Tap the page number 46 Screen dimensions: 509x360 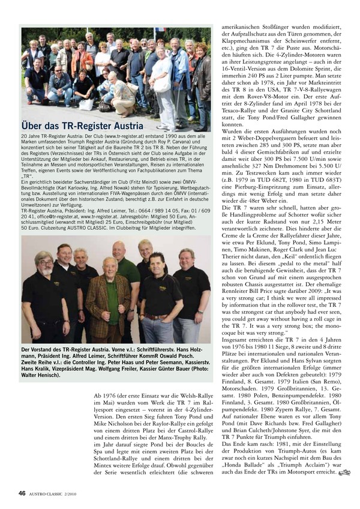tap(21, 493)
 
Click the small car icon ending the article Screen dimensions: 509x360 tap(343, 474)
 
